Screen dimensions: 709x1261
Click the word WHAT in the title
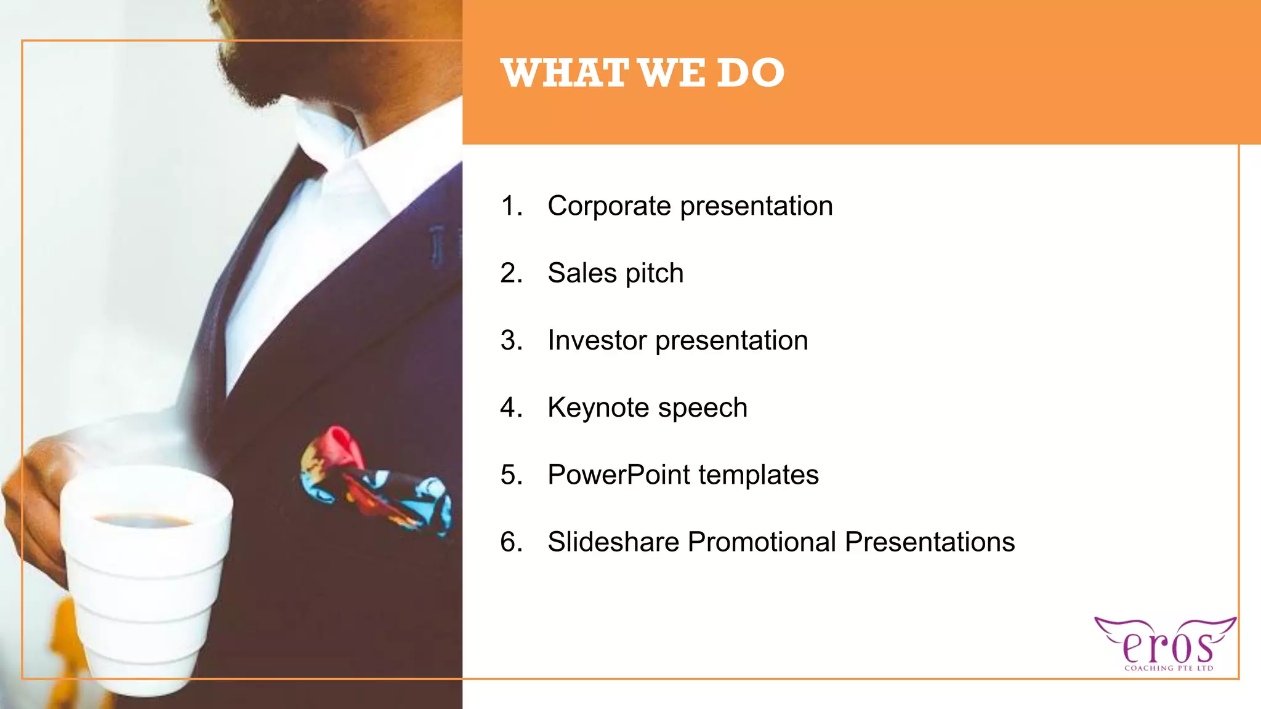564,73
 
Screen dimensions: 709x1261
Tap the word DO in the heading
750,73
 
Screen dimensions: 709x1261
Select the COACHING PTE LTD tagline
1168,668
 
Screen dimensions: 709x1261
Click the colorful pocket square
376,480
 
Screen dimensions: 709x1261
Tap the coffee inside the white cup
143,521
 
